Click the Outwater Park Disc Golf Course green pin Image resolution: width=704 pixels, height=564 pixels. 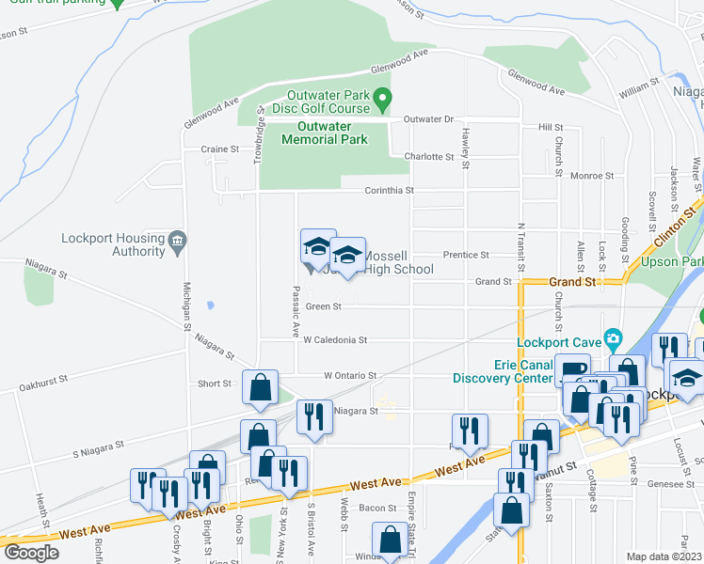[382, 97]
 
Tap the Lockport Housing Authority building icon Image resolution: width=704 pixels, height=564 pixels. [177, 244]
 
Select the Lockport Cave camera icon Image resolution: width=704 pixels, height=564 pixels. [614, 337]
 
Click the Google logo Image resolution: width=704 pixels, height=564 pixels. [32, 552]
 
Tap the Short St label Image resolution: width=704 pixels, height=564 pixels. [215, 384]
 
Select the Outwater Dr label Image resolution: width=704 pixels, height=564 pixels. [428, 119]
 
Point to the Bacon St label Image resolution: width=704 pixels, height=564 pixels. [376, 508]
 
